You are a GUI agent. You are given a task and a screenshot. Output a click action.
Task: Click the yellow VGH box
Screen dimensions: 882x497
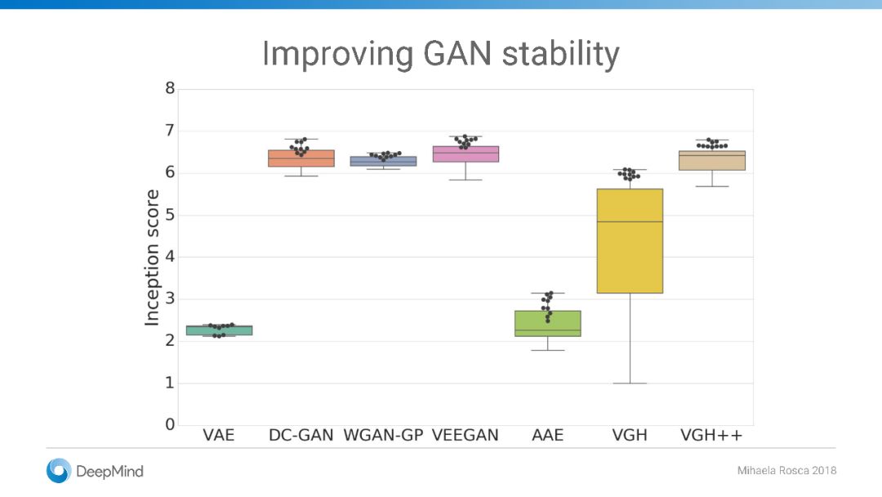(x=630, y=241)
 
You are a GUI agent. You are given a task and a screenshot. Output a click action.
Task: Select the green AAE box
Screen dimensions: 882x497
(x=547, y=324)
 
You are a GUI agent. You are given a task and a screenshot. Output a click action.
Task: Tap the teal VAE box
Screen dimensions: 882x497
(x=219, y=330)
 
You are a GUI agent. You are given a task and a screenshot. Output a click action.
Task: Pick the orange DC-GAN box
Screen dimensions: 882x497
(x=301, y=158)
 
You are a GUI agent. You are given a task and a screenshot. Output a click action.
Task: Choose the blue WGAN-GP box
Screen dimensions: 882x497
(x=383, y=161)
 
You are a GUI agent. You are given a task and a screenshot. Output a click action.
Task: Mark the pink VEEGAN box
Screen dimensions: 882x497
(x=465, y=154)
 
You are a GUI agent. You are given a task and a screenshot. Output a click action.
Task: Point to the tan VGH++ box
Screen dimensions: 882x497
(x=711, y=160)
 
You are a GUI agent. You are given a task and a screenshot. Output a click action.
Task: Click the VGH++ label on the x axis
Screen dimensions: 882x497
(x=711, y=435)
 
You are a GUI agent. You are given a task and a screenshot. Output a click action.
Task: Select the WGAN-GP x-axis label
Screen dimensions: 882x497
(x=383, y=435)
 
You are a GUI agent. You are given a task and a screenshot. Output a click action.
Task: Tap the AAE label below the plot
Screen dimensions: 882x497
(x=547, y=435)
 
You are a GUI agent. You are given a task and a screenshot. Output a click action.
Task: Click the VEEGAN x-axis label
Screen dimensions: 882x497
(x=465, y=435)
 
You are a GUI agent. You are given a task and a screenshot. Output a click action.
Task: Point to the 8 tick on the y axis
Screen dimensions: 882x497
(x=170, y=87)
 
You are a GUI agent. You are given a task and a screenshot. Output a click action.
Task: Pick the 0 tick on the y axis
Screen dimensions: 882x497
(x=170, y=424)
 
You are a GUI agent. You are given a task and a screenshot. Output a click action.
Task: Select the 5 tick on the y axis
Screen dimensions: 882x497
(x=170, y=214)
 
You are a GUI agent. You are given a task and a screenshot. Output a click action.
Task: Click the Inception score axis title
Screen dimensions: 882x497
(x=152, y=257)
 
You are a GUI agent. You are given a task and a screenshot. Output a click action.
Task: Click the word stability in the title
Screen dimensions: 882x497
(x=561, y=55)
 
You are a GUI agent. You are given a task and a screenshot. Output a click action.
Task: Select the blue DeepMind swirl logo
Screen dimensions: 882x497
(x=59, y=471)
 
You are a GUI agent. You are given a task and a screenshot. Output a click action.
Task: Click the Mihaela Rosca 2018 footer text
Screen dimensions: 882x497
(x=786, y=471)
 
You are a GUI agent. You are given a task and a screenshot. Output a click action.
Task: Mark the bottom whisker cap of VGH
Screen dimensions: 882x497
(x=630, y=383)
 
